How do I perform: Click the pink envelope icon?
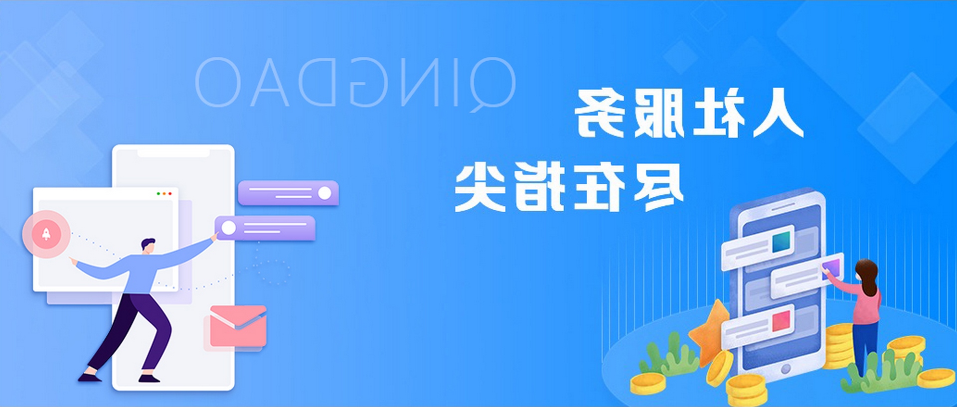[238, 326]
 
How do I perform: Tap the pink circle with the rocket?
[46, 234]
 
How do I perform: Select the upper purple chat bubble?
[288, 193]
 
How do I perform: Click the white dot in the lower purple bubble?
[229, 228]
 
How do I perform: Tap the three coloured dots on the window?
[164, 193]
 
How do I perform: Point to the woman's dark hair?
[868, 276]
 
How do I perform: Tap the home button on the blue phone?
[786, 369]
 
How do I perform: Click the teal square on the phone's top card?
[782, 241]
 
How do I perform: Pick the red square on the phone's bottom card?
[781, 321]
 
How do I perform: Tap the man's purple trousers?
[132, 331]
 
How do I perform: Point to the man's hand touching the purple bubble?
[215, 237]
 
